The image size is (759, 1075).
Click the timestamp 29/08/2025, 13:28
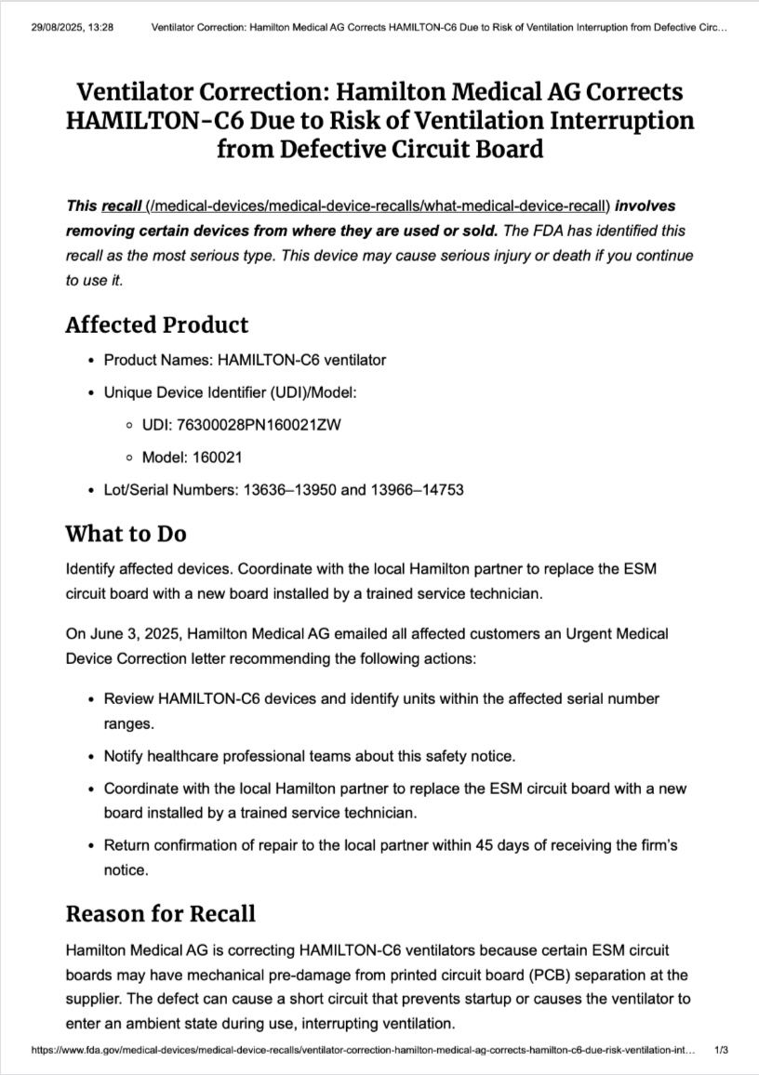(x=73, y=28)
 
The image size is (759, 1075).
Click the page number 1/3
(x=721, y=1049)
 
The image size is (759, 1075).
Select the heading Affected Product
(x=157, y=325)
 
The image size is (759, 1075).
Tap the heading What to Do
(x=126, y=534)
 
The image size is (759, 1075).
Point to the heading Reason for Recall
(x=160, y=913)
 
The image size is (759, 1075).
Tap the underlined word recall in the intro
(x=122, y=206)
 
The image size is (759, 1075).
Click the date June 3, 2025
(x=125, y=634)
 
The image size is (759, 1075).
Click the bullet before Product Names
(x=89, y=360)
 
